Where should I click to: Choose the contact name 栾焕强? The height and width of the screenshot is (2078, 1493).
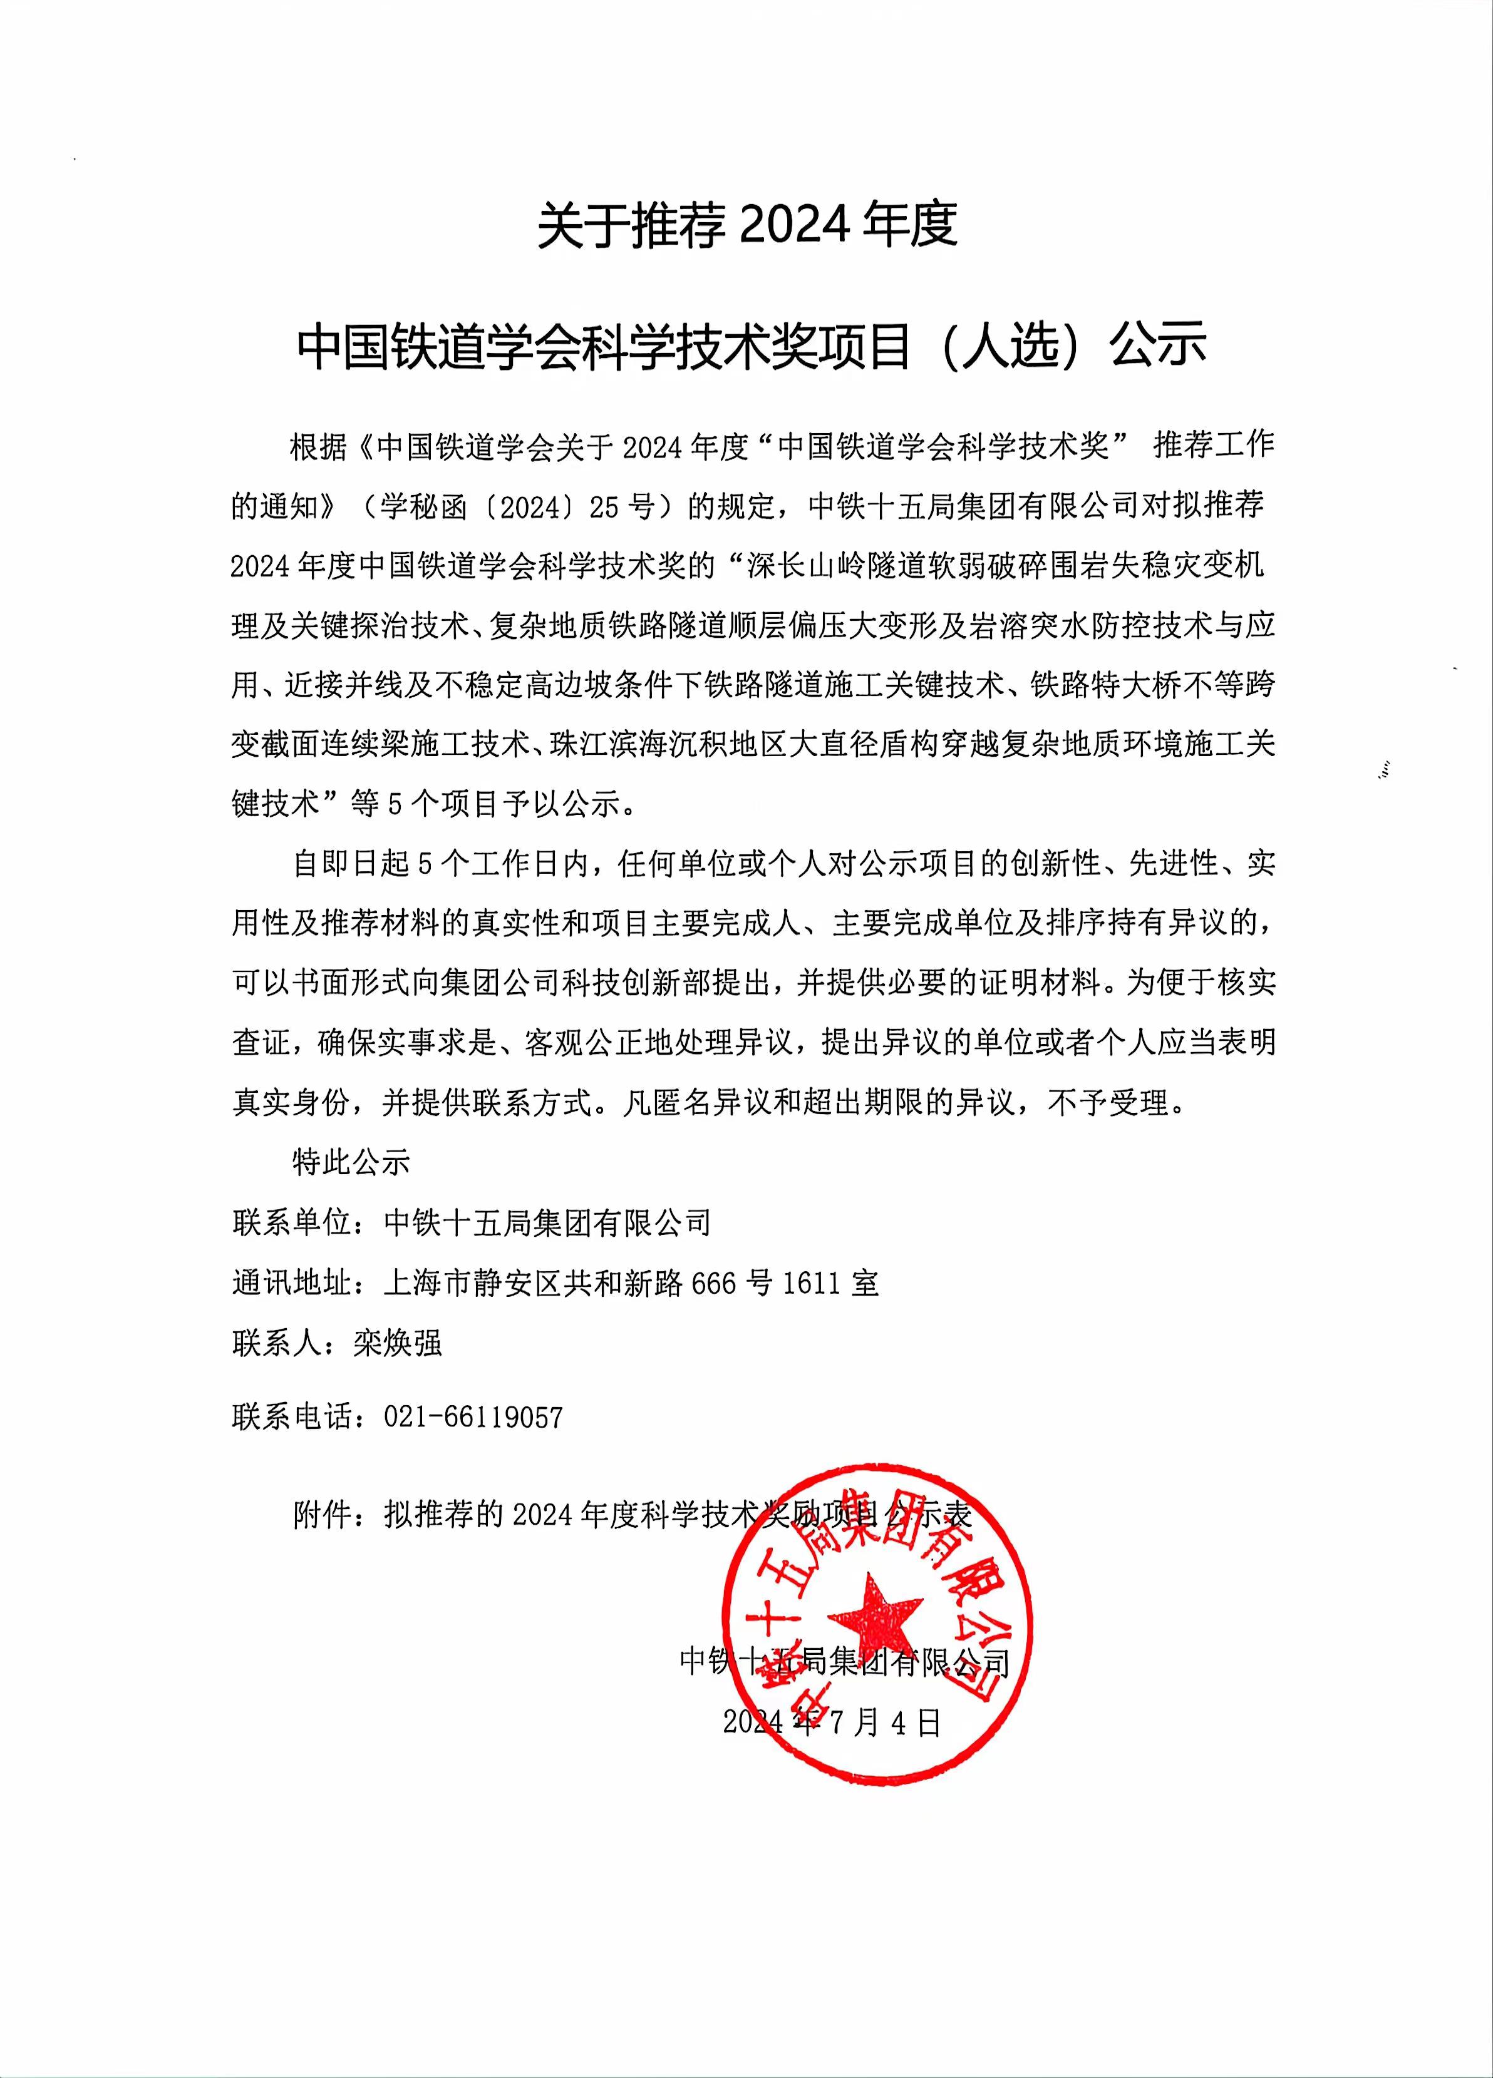point(398,1343)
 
